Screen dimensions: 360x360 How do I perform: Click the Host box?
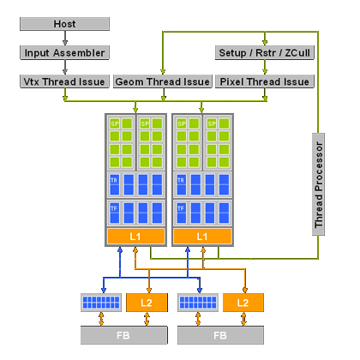click(63, 24)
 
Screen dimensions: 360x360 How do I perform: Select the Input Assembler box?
click(63, 53)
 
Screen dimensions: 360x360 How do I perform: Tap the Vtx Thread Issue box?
click(63, 82)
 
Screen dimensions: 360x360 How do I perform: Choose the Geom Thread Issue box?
click(163, 82)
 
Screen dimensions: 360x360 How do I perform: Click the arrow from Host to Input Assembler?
click(63, 39)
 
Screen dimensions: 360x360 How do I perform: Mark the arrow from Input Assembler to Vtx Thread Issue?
click(63, 68)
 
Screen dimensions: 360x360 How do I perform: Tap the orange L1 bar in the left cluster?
click(136, 236)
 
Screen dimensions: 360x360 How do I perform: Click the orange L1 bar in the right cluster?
click(202, 236)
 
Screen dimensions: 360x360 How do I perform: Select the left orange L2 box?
click(146, 303)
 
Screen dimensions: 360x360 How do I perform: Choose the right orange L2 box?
click(243, 303)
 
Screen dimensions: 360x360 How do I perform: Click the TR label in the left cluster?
click(114, 180)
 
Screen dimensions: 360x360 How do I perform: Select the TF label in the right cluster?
click(181, 208)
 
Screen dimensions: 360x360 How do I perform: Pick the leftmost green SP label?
click(114, 124)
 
